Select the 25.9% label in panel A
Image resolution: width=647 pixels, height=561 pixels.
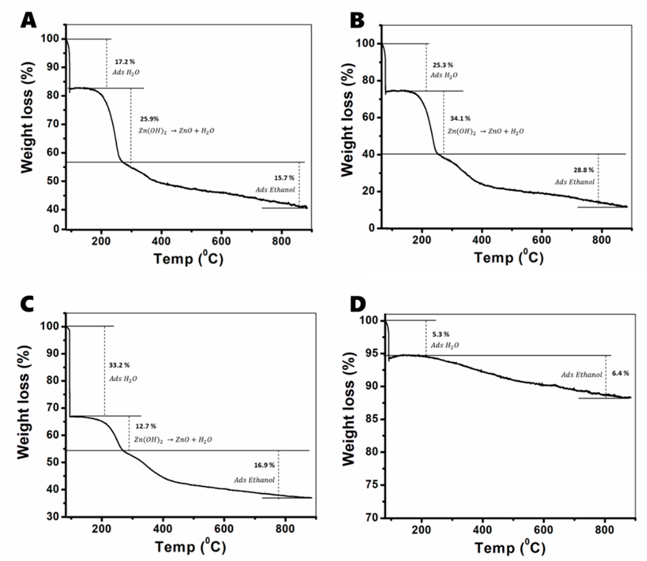(x=149, y=119)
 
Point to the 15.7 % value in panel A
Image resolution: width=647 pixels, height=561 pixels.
(x=284, y=178)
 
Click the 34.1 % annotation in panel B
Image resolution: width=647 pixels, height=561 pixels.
(x=460, y=118)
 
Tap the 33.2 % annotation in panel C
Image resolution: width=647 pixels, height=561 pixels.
(x=119, y=365)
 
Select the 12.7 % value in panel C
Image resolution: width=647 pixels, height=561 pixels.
(x=145, y=426)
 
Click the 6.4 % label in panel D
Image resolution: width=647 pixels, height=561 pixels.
(x=620, y=373)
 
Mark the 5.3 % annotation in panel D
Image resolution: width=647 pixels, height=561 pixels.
(x=440, y=334)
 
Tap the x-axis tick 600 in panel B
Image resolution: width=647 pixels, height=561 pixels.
(x=542, y=240)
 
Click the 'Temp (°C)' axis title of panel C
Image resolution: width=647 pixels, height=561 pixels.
(x=190, y=547)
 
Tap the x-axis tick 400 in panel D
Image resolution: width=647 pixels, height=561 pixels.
(x=482, y=530)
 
